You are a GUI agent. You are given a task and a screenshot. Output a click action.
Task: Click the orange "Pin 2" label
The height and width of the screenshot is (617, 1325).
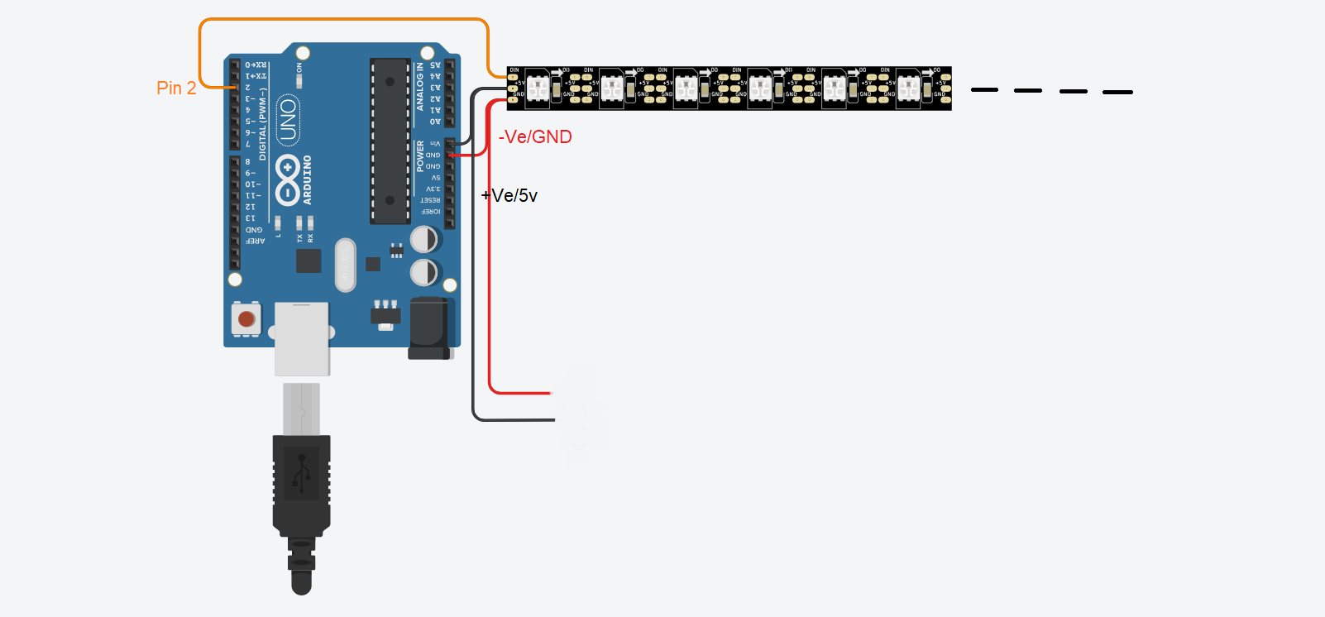(x=176, y=88)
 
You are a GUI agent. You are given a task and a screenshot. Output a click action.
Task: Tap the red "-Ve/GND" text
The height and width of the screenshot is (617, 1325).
(x=535, y=137)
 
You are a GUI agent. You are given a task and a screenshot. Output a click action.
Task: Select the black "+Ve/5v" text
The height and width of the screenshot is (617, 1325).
(x=509, y=196)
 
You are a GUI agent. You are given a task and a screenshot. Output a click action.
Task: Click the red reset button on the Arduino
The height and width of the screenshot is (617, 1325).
(x=246, y=319)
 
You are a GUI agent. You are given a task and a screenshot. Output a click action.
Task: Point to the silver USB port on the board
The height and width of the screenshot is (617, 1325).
(x=302, y=337)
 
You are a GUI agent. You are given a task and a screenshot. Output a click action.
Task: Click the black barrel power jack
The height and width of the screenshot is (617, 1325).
(x=429, y=328)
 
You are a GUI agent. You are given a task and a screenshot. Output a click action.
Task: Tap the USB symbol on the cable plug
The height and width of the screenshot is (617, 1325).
(x=302, y=473)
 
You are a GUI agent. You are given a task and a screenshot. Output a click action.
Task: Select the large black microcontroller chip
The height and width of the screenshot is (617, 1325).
(x=390, y=141)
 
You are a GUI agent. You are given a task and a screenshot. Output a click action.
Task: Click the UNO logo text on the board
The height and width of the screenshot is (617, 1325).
(x=287, y=120)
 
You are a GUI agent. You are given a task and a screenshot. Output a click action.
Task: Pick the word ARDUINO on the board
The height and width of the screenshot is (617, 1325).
(x=308, y=180)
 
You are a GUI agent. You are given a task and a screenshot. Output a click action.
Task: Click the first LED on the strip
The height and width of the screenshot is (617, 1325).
(x=538, y=88)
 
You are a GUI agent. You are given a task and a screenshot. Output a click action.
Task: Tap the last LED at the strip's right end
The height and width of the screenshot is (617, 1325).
(x=908, y=88)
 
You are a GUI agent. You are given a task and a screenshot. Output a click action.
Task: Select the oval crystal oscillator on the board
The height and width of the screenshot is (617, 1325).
(x=345, y=265)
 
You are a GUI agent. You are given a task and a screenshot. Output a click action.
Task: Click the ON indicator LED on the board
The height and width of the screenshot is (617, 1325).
(x=299, y=80)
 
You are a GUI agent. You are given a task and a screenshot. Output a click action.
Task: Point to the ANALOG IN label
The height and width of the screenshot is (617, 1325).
(x=420, y=87)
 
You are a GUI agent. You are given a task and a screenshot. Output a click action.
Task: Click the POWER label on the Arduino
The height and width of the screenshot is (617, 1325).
(x=420, y=155)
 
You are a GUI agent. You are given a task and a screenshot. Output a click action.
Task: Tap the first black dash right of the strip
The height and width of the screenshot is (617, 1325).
(x=984, y=89)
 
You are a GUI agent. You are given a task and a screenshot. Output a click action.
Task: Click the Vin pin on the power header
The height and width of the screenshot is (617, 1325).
(x=450, y=144)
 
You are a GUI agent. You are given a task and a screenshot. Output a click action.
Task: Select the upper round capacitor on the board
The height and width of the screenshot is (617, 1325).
(x=424, y=240)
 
